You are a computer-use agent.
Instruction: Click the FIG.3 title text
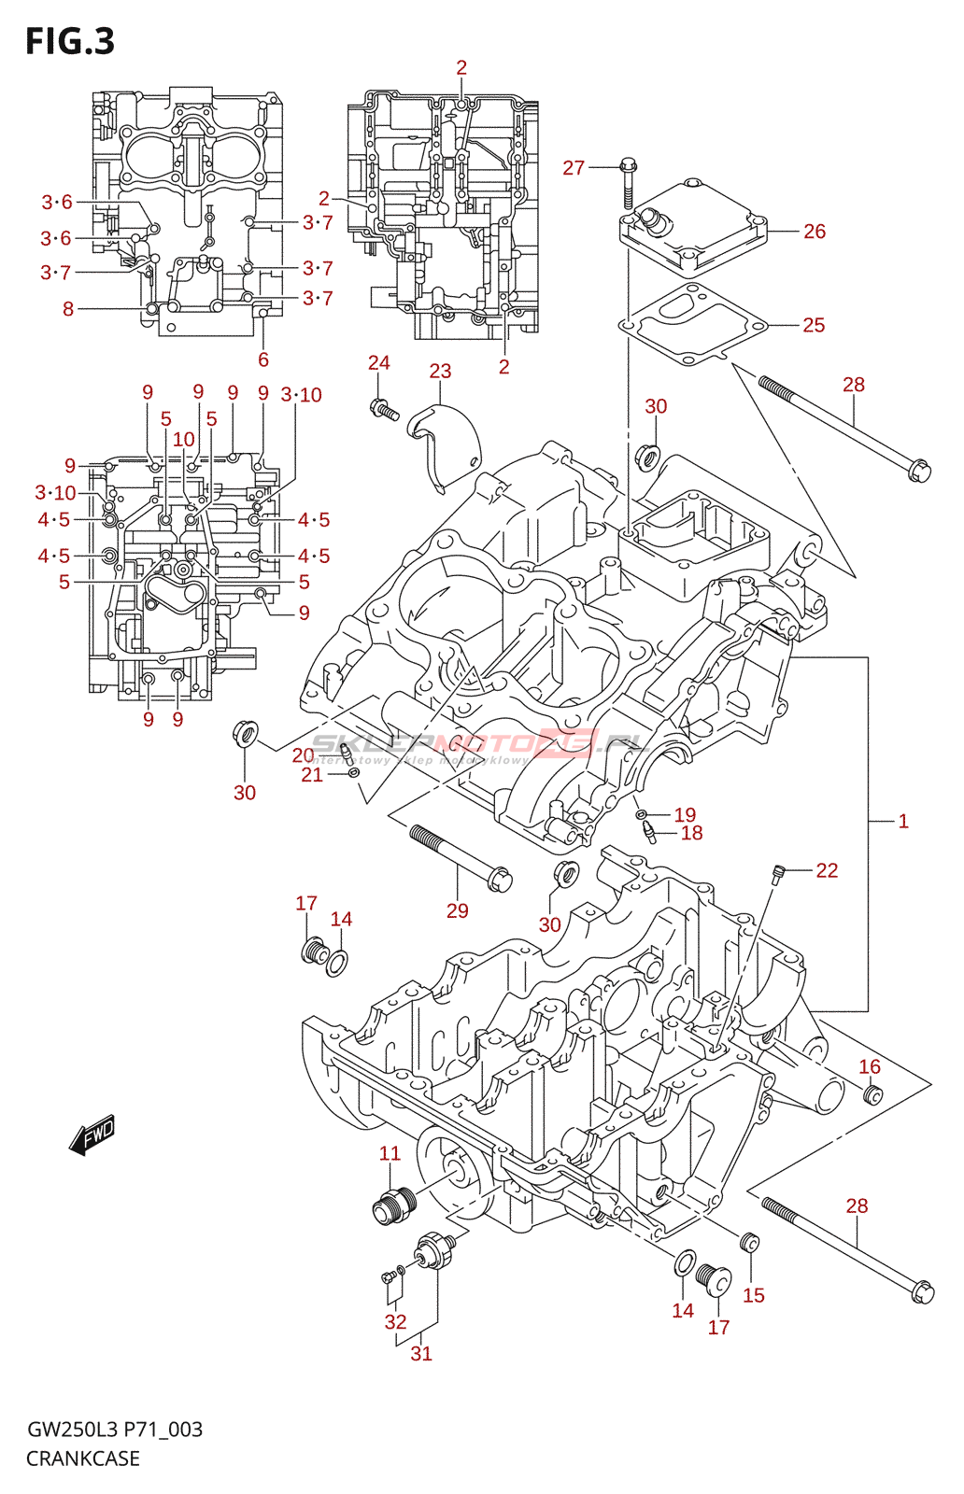70,41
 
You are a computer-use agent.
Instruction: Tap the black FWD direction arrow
92,1135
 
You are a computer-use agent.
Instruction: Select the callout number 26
815,231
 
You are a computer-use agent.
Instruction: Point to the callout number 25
814,325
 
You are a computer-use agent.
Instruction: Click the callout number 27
574,167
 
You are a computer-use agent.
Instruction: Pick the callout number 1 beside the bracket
903,821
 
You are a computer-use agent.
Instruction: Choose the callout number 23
440,371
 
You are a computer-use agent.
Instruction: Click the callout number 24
378,362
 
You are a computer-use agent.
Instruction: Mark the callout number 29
457,910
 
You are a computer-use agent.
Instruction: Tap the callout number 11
390,1153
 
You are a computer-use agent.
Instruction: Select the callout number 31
421,1353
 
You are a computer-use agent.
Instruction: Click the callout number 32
395,1321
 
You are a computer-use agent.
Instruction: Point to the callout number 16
870,1066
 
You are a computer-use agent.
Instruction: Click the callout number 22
827,870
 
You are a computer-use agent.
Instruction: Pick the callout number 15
754,1295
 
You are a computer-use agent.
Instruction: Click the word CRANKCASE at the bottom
83,1459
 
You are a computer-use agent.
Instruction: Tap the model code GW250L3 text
71,1430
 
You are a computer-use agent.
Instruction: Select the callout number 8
68,309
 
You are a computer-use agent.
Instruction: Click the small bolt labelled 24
384,409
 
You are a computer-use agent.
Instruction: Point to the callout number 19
685,814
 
